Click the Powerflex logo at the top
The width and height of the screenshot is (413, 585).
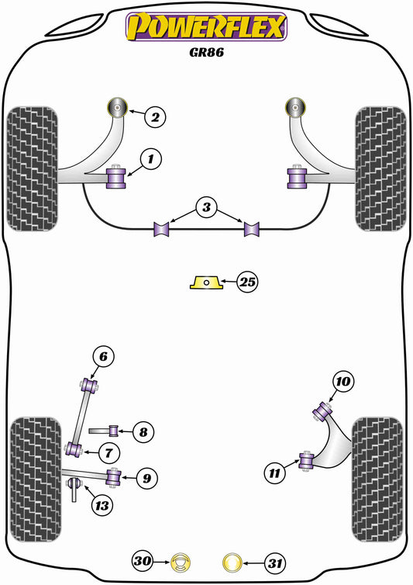click(207, 26)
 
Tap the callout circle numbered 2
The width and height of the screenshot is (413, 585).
click(155, 118)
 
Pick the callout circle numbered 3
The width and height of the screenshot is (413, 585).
click(205, 208)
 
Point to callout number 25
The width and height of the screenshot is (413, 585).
click(247, 282)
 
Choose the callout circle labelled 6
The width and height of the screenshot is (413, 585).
click(105, 357)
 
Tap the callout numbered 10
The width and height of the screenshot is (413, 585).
click(343, 381)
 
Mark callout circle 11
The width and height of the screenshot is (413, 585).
click(274, 471)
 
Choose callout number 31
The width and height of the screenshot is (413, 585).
click(271, 560)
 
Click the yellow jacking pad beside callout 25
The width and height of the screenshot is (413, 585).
click(207, 282)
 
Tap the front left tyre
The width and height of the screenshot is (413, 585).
click(33, 168)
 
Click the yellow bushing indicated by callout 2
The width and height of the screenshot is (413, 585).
click(119, 106)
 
